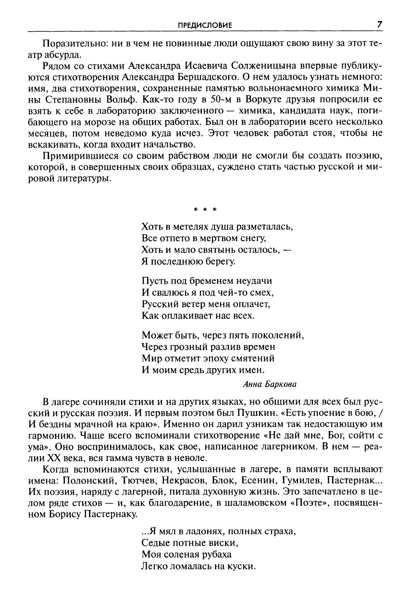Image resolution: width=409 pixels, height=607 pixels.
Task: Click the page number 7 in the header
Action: [x=379, y=24]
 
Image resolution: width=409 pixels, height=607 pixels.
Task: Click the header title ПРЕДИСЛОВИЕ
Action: [x=205, y=25]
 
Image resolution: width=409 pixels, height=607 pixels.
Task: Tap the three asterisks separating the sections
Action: [x=205, y=210]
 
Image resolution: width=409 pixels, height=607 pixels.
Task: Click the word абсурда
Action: [x=62, y=54]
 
